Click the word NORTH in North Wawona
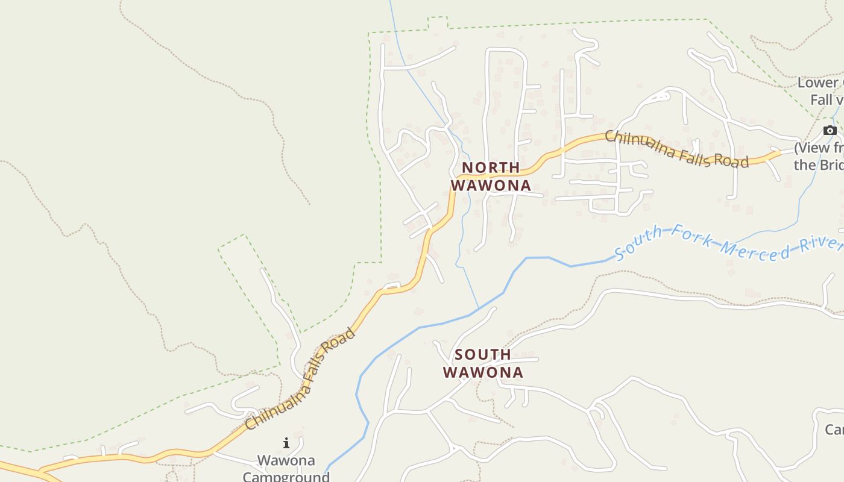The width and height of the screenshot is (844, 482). click(491, 167)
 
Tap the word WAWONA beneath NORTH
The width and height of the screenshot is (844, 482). click(491, 186)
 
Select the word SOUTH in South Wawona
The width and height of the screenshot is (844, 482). click(483, 354)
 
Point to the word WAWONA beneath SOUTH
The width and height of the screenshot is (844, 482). click(483, 373)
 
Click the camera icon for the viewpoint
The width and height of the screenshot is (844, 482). click(830, 131)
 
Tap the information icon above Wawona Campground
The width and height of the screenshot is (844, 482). click(286, 443)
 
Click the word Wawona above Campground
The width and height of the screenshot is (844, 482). click(286, 461)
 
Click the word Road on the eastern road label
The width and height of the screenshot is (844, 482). click(732, 161)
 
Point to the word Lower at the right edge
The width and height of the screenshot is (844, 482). click(818, 83)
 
